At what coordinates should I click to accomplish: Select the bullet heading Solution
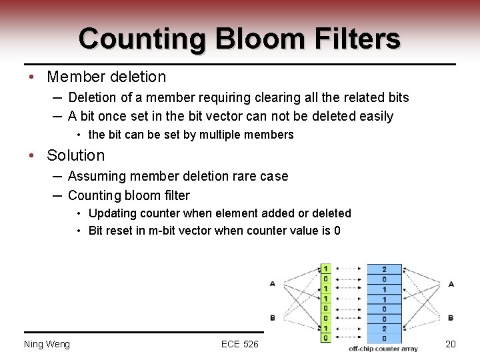pyautogui.click(x=75, y=155)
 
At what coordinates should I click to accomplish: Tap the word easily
pyautogui.click(x=375, y=117)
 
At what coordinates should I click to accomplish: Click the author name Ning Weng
pyautogui.click(x=47, y=344)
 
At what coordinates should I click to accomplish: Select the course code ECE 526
pyautogui.click(x=239, y=344)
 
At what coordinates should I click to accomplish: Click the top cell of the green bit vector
pyautogui.click(x=325, y=269)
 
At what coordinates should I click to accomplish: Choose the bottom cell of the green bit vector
pyautogui.click(x=325, y=338)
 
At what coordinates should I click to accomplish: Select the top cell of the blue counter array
pyautogui.click(x=384, y=269)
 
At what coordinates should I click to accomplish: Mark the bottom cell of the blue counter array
pyautogui.click(x=384, y=338)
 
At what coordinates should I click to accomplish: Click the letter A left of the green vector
pyautogui.click(x=273, y=283)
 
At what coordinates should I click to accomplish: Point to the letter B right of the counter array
pyautogui.click(x=451, y=317)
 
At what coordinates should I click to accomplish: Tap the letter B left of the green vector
pyautogui.click(x=273, y=317)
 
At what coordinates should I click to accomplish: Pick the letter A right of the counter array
pyautogui.click(x=451, y=283)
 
